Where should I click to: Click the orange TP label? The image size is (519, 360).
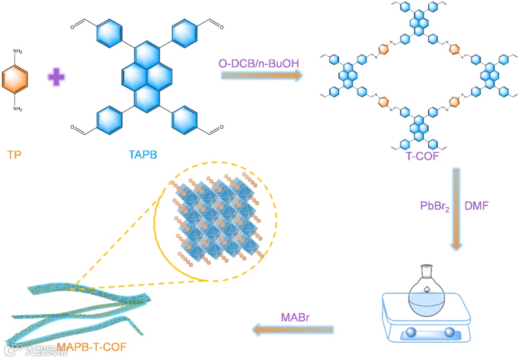(x=14, y=155)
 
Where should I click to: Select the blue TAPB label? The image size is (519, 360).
(x=143, y=155)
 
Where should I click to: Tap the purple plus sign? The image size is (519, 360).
(x=57, y=77)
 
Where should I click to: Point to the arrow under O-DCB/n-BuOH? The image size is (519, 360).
(x=262, y=75)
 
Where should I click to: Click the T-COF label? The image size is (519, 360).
(x=422, y=156)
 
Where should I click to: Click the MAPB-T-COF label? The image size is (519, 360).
(x=92, y=347)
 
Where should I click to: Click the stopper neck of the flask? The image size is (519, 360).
(x=426, y=273)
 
